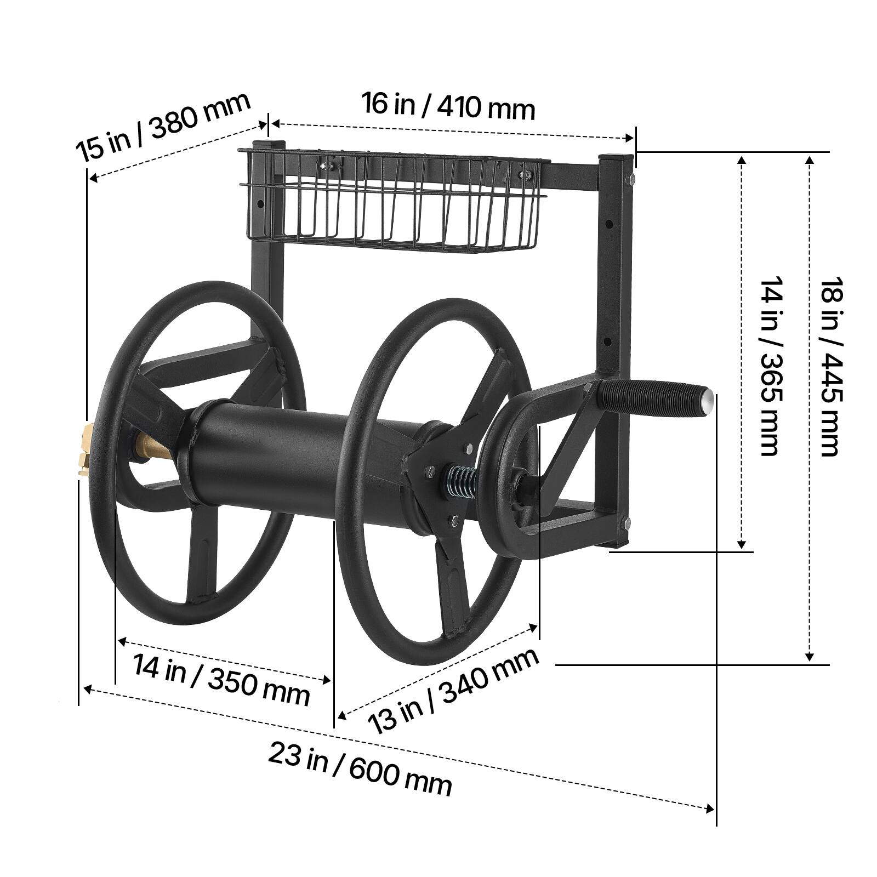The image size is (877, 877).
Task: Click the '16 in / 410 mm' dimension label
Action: (x=448, y=106)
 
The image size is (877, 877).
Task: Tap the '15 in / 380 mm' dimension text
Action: (x=163, y=126)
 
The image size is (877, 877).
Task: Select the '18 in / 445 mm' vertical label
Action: (x=829, y=366)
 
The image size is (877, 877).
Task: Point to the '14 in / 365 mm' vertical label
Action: (x=770, y=366)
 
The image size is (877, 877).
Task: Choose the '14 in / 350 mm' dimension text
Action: (x=221, y=680)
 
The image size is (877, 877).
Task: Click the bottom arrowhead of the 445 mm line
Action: (x=809, y=656)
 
